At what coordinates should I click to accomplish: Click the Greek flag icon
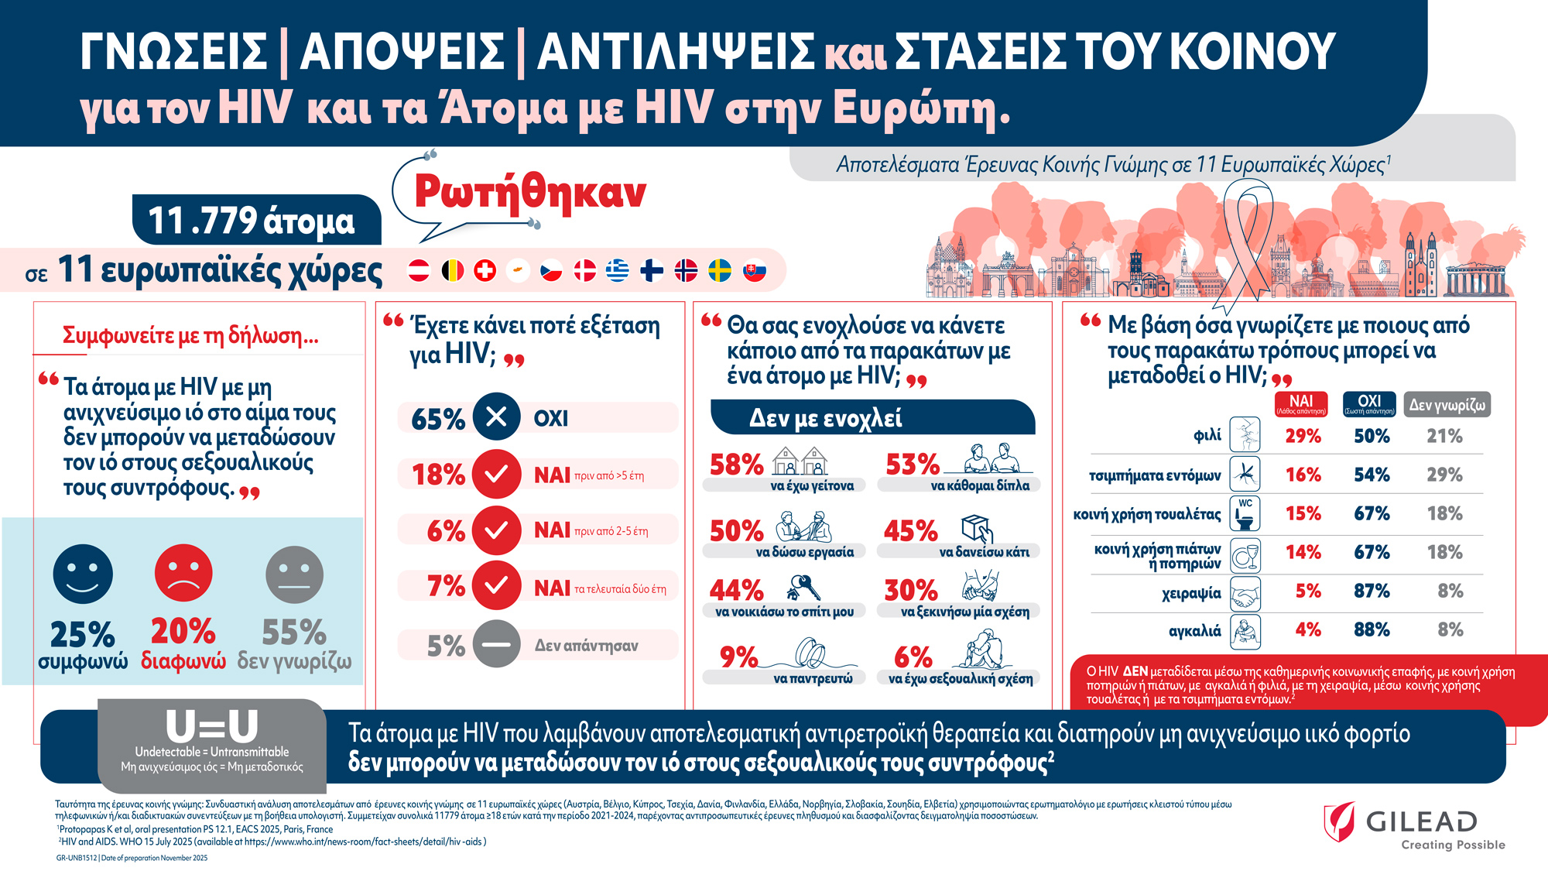618,270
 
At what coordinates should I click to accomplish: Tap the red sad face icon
183,573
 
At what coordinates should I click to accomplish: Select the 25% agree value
82,634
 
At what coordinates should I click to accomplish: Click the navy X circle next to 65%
496,417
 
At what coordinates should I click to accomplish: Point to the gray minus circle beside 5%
496,644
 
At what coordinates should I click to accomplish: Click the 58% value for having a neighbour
736,465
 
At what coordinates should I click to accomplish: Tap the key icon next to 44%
803,588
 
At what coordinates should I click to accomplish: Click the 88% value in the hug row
1372,629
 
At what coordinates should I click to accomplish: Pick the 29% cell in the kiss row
1303,436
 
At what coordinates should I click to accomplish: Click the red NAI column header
1301,404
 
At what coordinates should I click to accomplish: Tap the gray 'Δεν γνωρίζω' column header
1447,404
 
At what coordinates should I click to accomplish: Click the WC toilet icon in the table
1245,513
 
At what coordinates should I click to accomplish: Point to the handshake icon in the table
1245,594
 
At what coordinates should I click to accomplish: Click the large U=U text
212,726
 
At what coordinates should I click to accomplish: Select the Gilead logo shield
1340,821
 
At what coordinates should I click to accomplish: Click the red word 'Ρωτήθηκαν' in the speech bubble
530,192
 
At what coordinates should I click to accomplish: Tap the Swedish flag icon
720,270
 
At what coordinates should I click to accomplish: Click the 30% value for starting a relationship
910,591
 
